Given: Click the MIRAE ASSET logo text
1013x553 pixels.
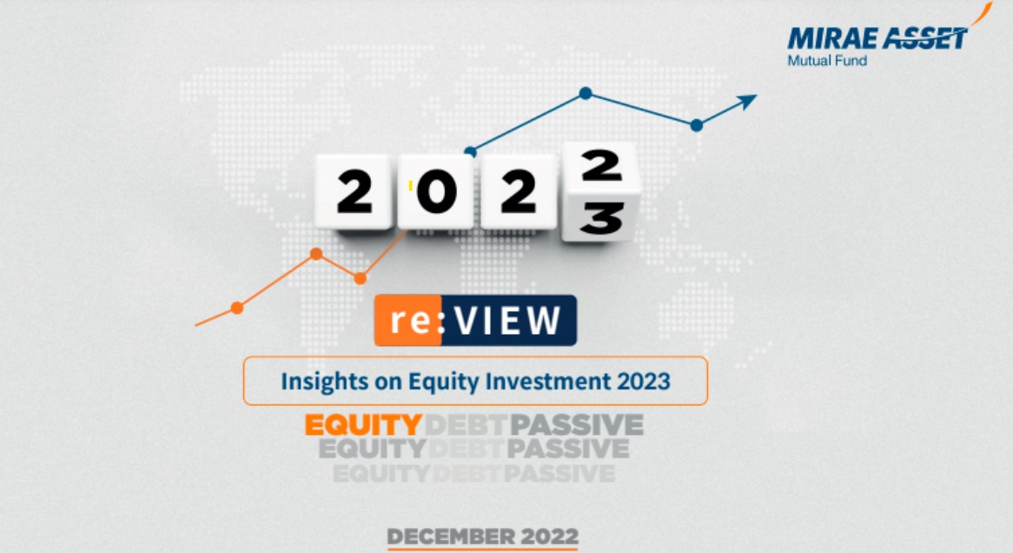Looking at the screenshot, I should pyautogui.click(x=877, y=38).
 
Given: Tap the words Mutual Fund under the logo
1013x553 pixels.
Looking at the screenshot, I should pyautogui.click(x=827, y=61).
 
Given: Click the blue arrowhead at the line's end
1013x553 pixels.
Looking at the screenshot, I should pyautogui.click(x=746, y=101).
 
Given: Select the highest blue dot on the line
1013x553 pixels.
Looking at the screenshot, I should pyautogui.click(x=586, y=92).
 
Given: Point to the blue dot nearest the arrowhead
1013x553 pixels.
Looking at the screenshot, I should pyautogui.click(x=696, y=125).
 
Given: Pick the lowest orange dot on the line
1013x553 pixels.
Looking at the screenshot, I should pyautogui.click(x=236, y=308).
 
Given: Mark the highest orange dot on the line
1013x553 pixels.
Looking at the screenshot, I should pyautogui.click(x=316, y=254).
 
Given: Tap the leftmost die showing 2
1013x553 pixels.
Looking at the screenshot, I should pyautogui.click(x=354, y=193).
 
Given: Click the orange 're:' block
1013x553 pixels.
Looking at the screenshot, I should pyautogui.click(x=407, y=321).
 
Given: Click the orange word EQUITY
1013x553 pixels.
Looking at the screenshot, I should pyautogui.click(x=363, y=426).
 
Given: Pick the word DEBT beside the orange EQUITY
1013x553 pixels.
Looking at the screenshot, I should pyautogui.click(x=466, y=426).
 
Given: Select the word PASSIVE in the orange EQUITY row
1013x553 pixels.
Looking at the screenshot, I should pyautogui.click(x=577, y=426).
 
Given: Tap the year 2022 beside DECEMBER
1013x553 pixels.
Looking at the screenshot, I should pyautogui.click(x=548, y=536).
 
